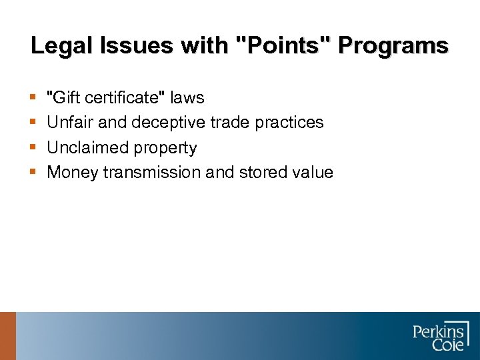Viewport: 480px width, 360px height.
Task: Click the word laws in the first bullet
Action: [187, 98]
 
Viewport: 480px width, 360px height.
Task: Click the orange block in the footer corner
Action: [7, 336]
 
